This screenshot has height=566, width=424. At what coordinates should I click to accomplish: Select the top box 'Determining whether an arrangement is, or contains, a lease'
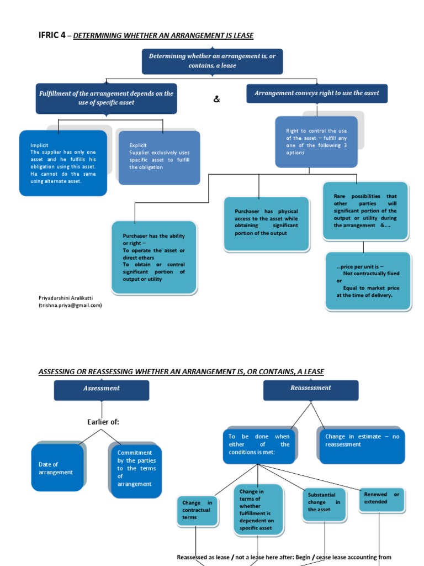pyautogui.click(x=212, y=61)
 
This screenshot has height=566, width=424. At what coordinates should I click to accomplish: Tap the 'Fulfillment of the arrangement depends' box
pyautogui.click(x=106, y=98)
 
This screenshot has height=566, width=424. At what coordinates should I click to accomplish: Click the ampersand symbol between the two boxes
pyautogui.click(x=216, y=99)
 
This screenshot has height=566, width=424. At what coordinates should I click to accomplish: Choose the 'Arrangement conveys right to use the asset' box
pyautogui.click(x=317, y=93)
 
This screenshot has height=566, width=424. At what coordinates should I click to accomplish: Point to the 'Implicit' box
pyautogui.click(x=63, y=163)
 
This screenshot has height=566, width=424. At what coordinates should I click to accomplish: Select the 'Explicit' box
pyautogui.click(x=159, y=158)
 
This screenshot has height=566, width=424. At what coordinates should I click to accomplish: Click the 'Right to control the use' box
pyautogui.click(x=316, y=142)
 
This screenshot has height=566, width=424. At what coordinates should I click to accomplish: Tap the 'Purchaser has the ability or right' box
pyautogui.click(x=154, y=258)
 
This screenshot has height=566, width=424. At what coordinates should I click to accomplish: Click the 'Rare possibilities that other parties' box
pyautogui.click(x=365, y=211)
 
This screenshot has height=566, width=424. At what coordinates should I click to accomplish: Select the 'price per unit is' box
pyautogui.click(x=368, y=281)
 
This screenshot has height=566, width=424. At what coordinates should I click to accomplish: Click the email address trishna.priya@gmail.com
pyautogui.click(x=70, y=305)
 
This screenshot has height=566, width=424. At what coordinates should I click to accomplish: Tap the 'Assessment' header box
pyautogui.click(x=101, y=389)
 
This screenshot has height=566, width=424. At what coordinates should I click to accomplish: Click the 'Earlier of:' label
pyautogui.click(x=103, y=422)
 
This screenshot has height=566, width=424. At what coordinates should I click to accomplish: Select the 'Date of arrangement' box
pyautogui.click(x=57, y=468)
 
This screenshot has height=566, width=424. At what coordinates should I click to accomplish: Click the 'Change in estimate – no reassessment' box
pyautogui.click(x=362, y=441)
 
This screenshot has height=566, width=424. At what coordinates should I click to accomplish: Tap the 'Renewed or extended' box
pyautogui.click(x=381, y=498)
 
